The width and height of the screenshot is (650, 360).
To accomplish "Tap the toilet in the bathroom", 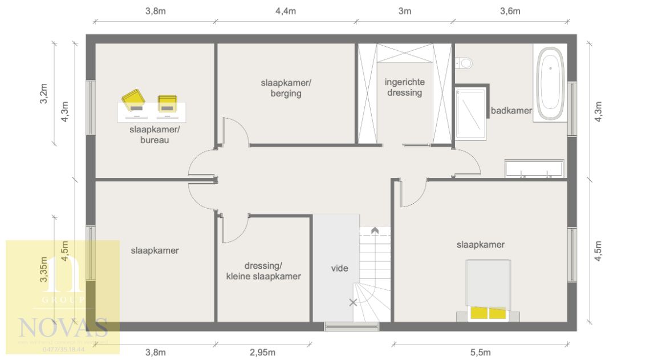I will [x=464, y=62].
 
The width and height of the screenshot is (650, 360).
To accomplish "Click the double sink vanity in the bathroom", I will [x=534, y=169].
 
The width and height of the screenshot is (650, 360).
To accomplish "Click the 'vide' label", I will [x=340, y=268].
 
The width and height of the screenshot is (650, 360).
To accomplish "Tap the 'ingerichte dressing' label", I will [x=404, y=87].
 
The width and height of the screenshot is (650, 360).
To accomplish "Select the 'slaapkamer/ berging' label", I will [x=286, y=88].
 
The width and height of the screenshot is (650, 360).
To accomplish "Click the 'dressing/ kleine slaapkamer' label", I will [x=264, y=271].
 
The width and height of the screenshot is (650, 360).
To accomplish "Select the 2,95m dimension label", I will [x=263, y=352].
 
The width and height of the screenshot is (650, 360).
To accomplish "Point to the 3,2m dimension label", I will [x=44, y=94].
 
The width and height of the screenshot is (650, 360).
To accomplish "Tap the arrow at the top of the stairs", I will [x=375, y=230].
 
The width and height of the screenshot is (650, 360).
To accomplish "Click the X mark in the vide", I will [x=354, y=302].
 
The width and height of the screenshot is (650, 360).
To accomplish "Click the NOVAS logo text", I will [x=63, y=327].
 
